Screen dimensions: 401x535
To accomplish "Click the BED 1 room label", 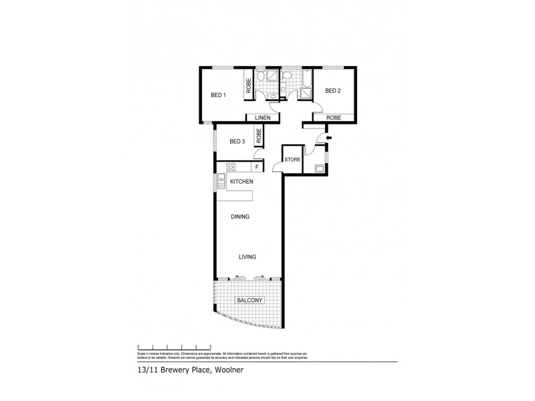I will coord(219,95).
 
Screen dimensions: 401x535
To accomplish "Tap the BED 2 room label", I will coord(333,90).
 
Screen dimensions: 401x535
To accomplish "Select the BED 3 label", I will coord(237,141).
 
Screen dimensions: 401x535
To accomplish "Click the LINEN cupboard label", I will coord(262,118).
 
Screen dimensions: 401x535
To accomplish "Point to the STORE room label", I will coord(292,160).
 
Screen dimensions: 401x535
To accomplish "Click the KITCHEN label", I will coord(241,182).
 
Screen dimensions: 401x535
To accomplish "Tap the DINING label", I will coord(241,217).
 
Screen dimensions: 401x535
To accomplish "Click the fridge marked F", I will coord(256,167).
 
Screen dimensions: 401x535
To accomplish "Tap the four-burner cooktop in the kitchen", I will coord(231,167).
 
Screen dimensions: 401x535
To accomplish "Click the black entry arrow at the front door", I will coord(327,138).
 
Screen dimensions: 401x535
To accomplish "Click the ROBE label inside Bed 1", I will coord(248,86).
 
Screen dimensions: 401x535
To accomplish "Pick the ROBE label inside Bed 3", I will coord(258,136).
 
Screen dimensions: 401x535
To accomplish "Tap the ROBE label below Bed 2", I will coord(334,118).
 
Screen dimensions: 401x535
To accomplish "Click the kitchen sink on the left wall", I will coord(220,180).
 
